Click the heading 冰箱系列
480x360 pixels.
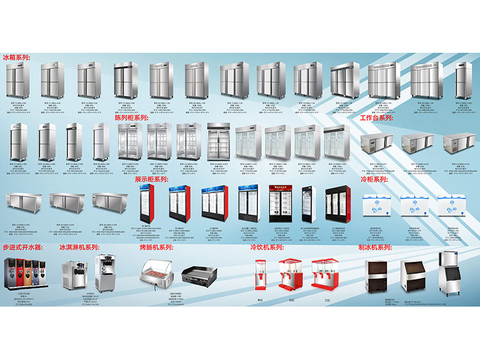[x=16, y=58]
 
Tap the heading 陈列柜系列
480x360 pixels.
[x=131, y=118]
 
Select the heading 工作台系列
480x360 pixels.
[x=376, y=118]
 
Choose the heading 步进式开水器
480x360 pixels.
[x=23, y=247]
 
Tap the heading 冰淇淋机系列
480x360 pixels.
[x=79, y=247]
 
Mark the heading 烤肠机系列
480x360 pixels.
[x=157, y=247]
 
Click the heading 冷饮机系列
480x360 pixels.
[x=267, y=247]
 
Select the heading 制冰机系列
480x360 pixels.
[x=375, y=247]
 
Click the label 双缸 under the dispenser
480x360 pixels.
[x=292, y=300]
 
